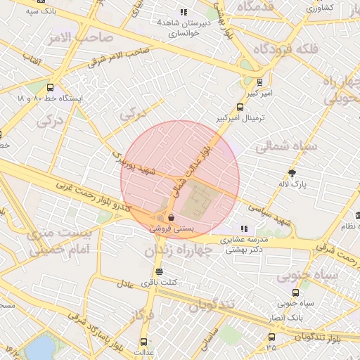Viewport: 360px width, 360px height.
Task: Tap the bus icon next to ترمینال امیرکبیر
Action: (x=241, y=108)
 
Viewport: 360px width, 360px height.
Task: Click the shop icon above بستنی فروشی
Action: (x=172, y=217)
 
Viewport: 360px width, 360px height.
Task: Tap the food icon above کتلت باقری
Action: (x=159, y=271)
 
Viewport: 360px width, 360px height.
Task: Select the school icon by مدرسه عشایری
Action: (x=245, y=229)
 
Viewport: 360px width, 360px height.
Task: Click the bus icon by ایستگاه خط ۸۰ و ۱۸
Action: (x=50, y=88)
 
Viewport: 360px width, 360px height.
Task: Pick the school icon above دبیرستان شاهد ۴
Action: (x=184, y=12)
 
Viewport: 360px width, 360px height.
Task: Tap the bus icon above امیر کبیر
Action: (x=260, y=82)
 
